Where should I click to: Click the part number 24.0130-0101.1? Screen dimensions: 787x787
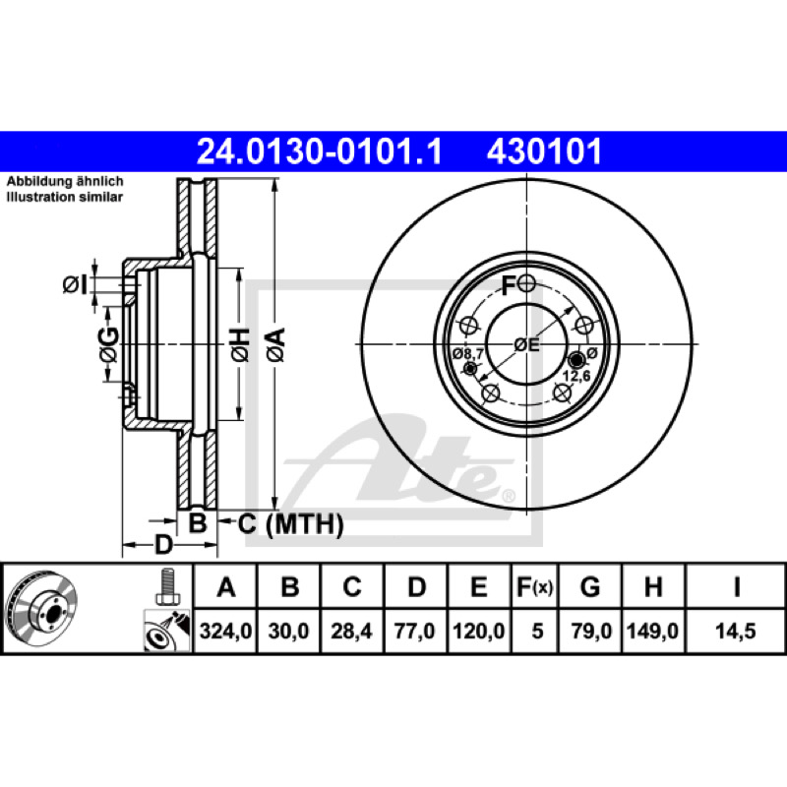(x=319, y=151)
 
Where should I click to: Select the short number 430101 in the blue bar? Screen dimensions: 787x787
(x=544, y=151)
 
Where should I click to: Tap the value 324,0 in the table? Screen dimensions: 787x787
(x=225, y=631)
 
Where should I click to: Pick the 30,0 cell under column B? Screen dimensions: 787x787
(x=288, y=631)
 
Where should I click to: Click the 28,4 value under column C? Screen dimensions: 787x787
(x=351, y=631)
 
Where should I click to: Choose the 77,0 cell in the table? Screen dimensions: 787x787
(x=414, y=631)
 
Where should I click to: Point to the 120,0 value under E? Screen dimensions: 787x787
(x=479, y=631)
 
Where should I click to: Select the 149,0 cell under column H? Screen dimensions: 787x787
(x=653, y=631)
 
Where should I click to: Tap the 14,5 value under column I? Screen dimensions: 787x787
(x=735, y=631)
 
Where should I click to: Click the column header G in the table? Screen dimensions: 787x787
(x=589, y=586)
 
